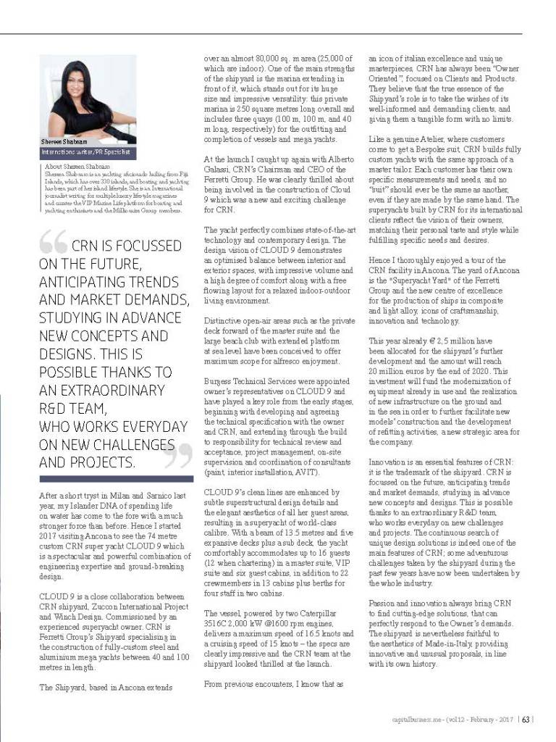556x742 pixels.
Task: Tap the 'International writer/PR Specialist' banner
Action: point(85,153)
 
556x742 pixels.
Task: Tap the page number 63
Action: point(528,719)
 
